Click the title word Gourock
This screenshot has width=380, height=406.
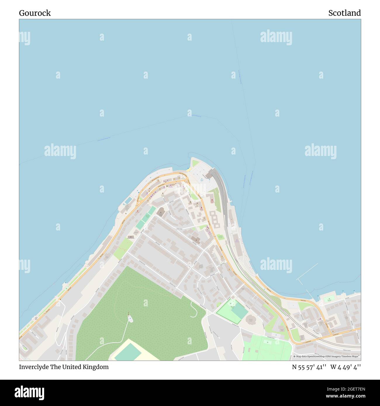pos(35,13)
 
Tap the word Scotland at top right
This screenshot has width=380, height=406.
pos(344,13)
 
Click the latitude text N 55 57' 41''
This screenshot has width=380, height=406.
pos(309,367)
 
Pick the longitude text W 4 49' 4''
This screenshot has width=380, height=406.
pos(346,367)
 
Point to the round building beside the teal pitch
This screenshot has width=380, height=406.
pos(250,320)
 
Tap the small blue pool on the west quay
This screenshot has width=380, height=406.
pos(128,200)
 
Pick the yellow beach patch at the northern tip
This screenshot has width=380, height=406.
pos(189,169)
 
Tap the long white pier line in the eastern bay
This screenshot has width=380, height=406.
pos(307,271)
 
